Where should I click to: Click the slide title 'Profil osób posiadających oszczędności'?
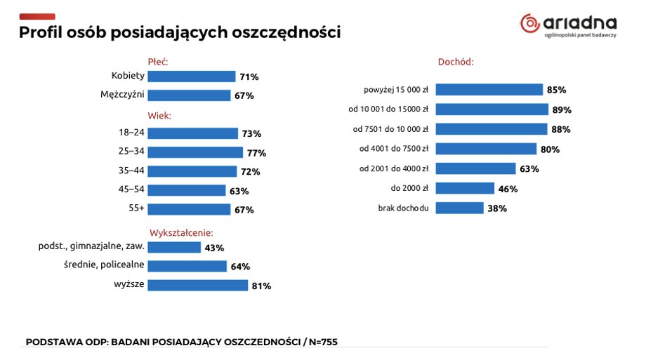pos(180,32)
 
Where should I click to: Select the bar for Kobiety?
pos(191,76)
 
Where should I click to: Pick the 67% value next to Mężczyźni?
pos(244,95)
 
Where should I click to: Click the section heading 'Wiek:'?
pos(159,115)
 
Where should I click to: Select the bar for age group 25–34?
pos(195,152)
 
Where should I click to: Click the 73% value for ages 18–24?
pos(251,133)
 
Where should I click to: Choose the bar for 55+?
pos(188,209)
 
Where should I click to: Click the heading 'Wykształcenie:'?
pos(181,232)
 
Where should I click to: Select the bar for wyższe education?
pos(197,285)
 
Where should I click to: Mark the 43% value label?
pos(214,248)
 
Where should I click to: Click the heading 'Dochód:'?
pos(456,61)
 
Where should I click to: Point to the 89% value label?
pos(562,109)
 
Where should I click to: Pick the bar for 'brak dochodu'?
pos(459,208)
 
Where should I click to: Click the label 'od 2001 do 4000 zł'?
pos(394,168)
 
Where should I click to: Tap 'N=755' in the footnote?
pos(324,342)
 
